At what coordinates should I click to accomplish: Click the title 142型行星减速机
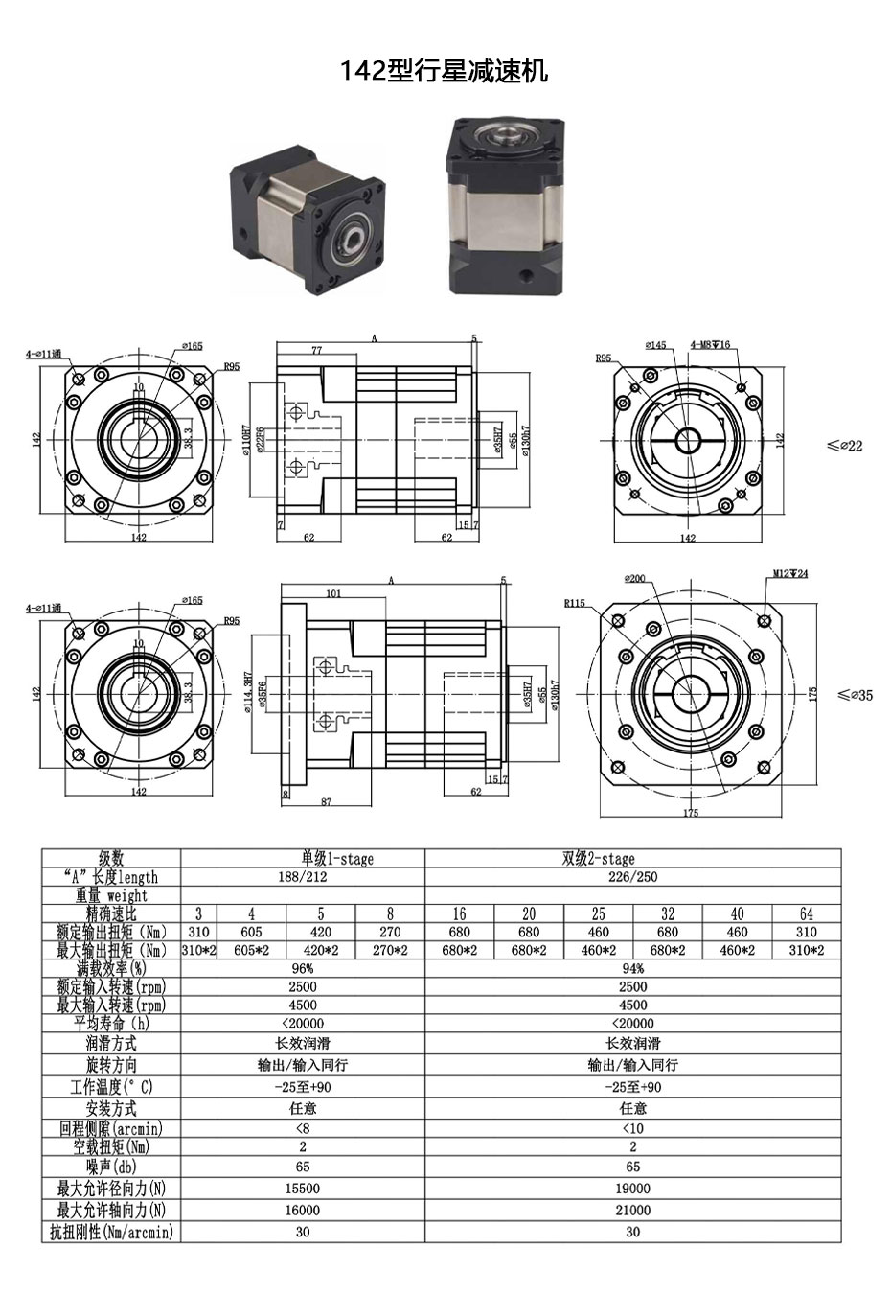coord(445,70)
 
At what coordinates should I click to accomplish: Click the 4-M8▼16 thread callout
coord(710,345)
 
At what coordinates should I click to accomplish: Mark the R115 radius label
coord(574,604)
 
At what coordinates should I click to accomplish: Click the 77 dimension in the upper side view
coord(316,351)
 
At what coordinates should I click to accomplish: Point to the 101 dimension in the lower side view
coord(332,594)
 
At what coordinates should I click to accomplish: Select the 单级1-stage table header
coord(303,859)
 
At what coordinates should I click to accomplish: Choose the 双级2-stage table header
coord(632,859)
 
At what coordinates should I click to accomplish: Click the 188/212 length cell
coord(303,877)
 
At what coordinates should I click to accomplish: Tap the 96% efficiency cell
coord(303,968)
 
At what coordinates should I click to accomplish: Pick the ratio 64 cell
coord(806,913)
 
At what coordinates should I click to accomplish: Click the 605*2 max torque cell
coord(252,950)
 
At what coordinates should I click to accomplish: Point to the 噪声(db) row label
coord(112,1167)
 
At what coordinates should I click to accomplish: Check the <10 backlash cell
coord(632,1129)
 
